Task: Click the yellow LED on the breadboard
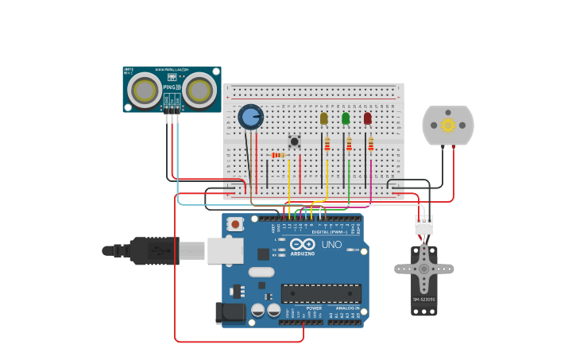pos(323,118)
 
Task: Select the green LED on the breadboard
pos(346,118)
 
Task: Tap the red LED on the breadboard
pos(367,118)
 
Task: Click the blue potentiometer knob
pos(250,118)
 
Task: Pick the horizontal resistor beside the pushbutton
pos(278,155)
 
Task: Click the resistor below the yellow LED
pos(327,144)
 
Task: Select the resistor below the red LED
pos(370,144)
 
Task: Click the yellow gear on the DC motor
pos(447,125)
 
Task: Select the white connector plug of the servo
pos(424,226)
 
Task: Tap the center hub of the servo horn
pos(423,269)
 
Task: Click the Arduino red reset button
pos(235,224)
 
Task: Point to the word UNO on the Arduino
pos(331,245)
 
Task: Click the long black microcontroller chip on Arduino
pos(321,293)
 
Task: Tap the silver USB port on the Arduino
pos(225,250)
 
